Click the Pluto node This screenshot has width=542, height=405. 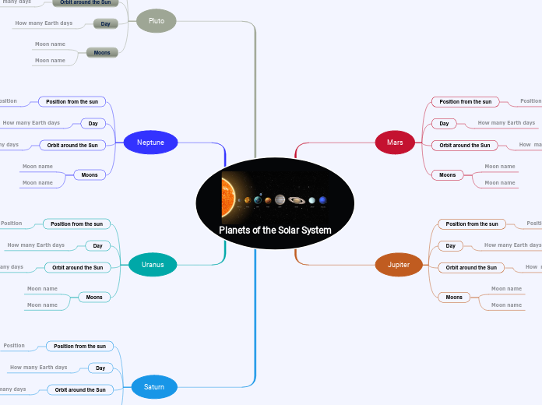click(156, 21)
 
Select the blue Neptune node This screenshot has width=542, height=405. click(150, 143)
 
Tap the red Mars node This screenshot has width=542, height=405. click(395, 143)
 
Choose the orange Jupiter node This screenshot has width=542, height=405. click(398, 265)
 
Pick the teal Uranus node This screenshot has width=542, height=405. click(153, 265)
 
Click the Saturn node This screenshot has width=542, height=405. click(153, 386)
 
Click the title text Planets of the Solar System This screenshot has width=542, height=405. click(275, 231)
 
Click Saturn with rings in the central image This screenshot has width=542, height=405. click(297, 200)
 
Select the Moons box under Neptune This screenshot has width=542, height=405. click(90, 175)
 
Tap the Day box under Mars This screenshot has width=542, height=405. click(444, 123)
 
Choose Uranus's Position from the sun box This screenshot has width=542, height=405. click(76, 224)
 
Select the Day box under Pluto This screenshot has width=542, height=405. click(105, 24)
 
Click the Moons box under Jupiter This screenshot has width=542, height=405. click(454, 297)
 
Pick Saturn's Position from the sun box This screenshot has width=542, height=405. click(79, 346)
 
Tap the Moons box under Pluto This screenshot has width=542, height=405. click(102, 52)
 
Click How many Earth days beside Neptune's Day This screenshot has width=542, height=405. click(31, 123)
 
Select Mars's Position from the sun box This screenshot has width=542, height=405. click(466, 101)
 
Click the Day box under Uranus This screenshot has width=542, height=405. click(98, 246)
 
